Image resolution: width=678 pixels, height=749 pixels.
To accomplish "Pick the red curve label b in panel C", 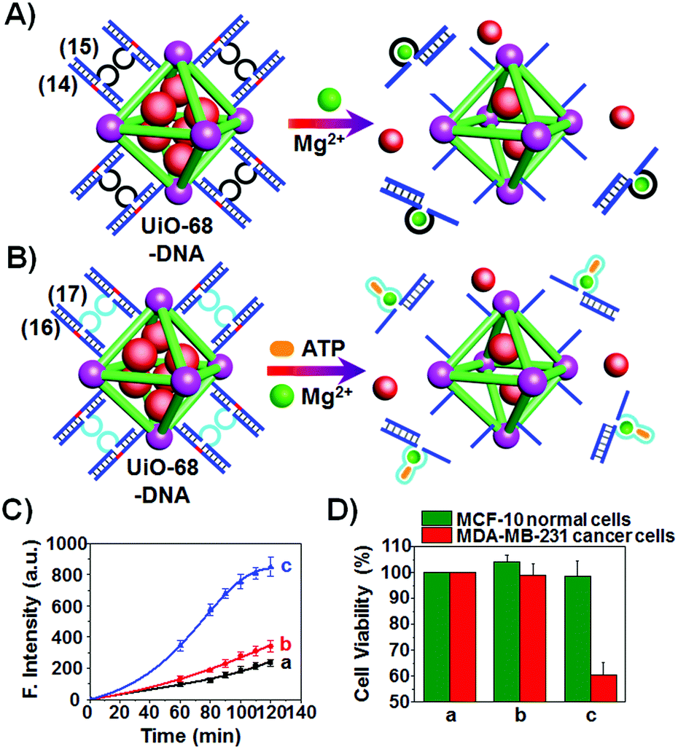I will coord(286,645).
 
